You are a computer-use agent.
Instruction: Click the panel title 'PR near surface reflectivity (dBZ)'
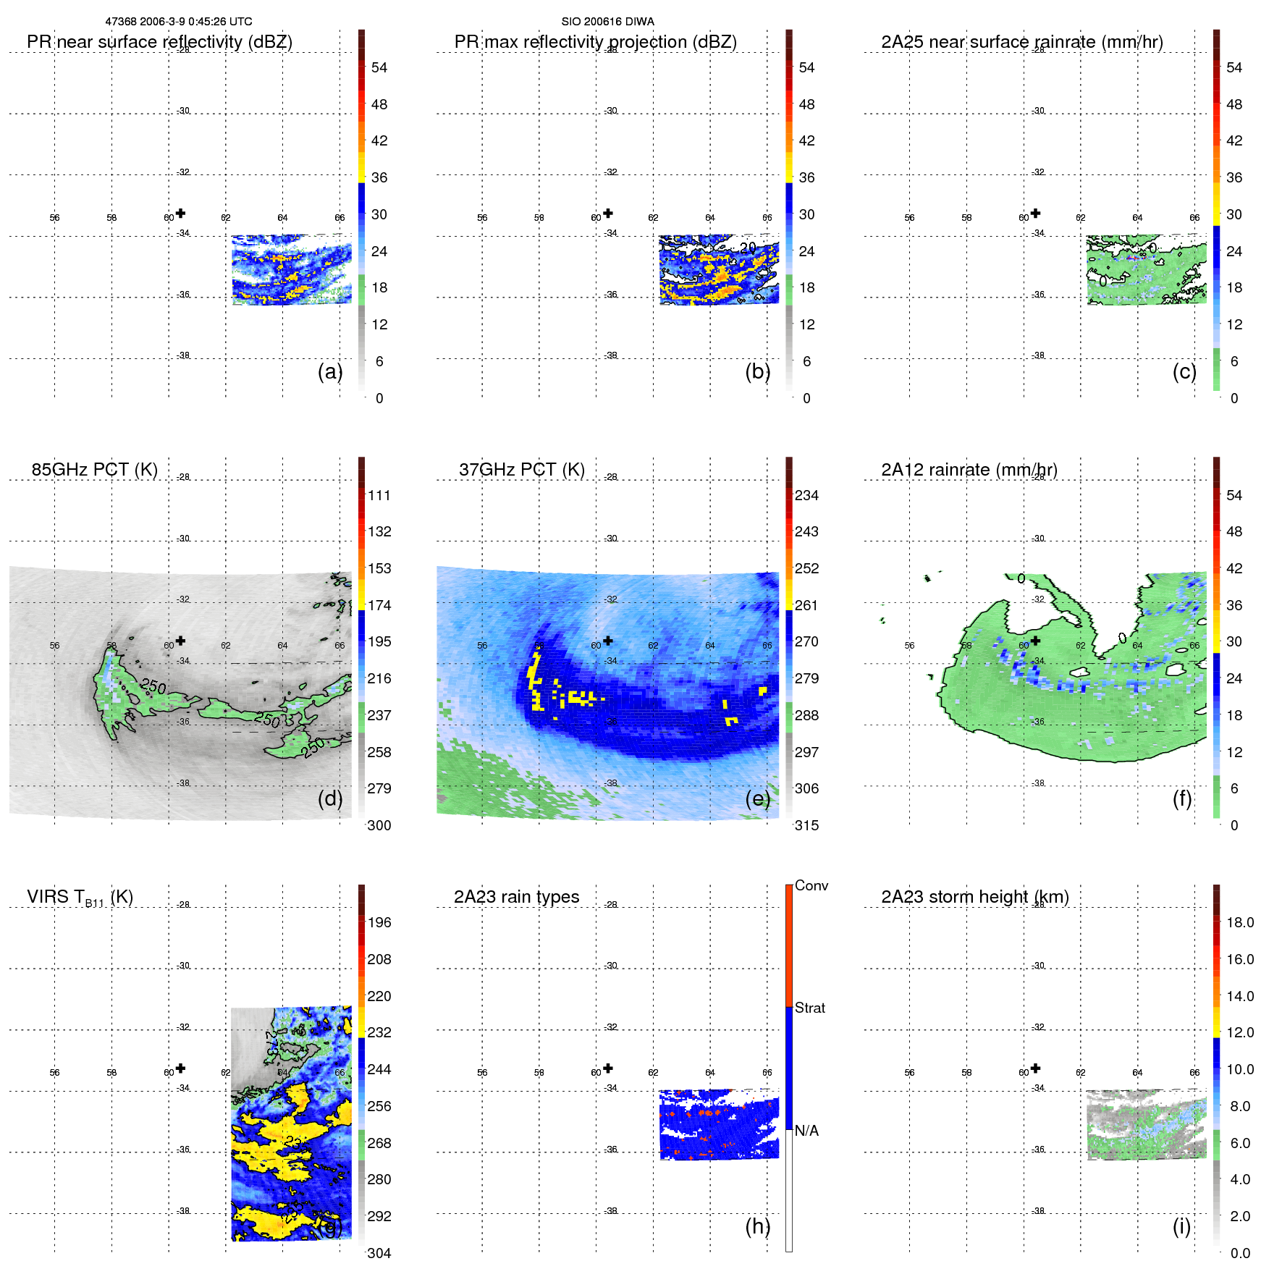coord(159,42)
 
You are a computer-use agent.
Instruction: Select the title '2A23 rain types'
coord(516,897)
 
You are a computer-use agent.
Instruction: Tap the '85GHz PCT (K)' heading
coord(94,470)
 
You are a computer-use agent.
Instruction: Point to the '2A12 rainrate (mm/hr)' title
coord(969,470)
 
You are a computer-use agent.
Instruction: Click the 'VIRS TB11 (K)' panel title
coord(80,898)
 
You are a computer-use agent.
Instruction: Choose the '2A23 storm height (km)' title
coord(974,897)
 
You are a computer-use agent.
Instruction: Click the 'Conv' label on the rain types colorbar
coord(811,885)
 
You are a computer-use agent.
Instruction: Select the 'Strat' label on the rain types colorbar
coord(809,1008)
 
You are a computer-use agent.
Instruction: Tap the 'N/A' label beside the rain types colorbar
coord(806,1131)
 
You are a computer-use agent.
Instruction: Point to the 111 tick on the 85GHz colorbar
coord(379,495)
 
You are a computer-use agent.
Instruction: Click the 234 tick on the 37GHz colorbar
coord(806,495)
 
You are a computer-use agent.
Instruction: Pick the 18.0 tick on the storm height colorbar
coord(1239,922)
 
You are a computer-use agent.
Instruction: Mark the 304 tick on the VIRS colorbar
coord(379,1253)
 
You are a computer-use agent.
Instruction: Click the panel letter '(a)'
coord(330,371)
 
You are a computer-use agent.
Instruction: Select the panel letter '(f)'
coord(1182,798)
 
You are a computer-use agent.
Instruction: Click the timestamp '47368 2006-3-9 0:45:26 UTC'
coord(178,22)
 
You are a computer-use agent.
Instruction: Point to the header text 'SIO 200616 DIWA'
coord(607,22)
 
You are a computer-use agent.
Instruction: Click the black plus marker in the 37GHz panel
coord(608,641)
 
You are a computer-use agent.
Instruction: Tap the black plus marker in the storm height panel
coord(1035,1068)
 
